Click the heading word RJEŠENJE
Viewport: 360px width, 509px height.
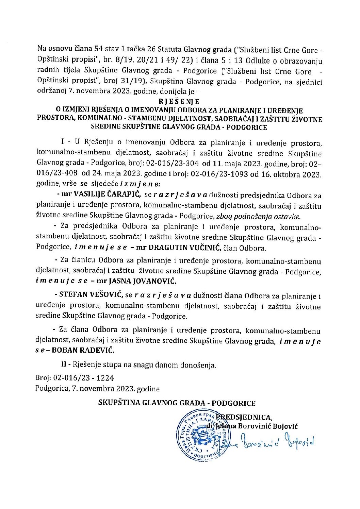(179, 102)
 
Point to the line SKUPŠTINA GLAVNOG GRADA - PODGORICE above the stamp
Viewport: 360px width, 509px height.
(177, 403)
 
